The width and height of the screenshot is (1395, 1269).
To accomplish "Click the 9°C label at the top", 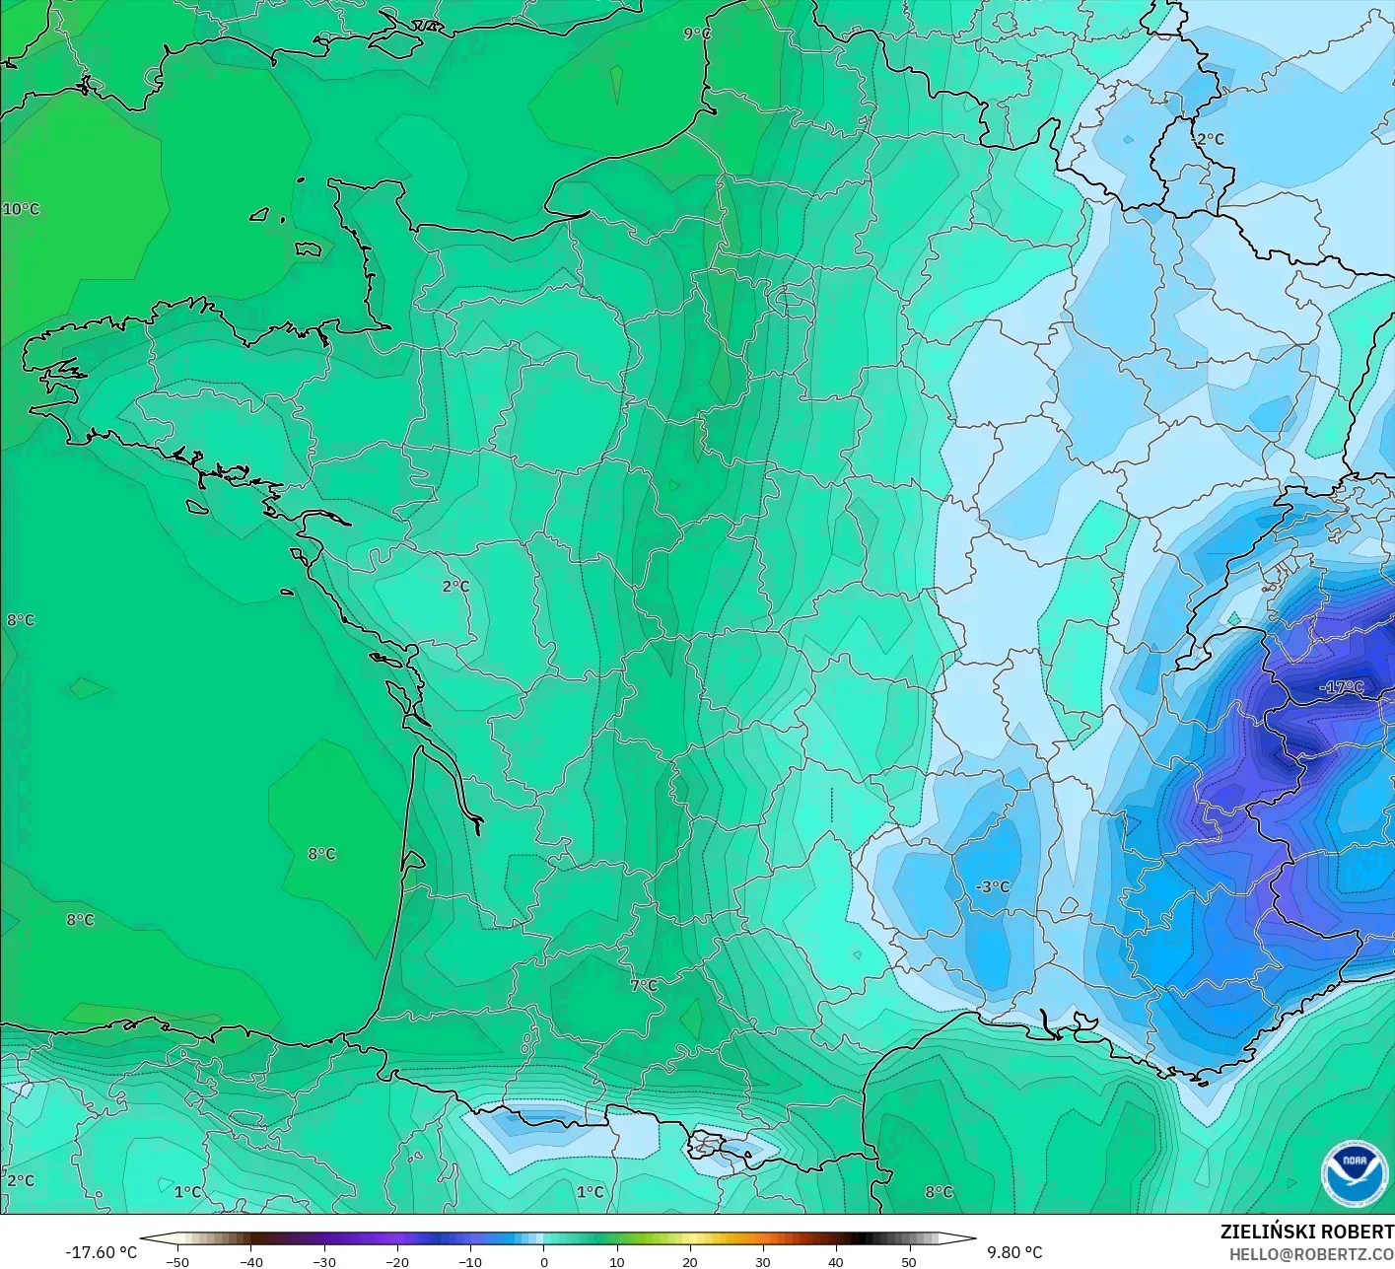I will click(x=697, y=34).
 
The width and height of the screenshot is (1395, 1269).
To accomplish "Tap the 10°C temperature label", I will click(x=21, y=209).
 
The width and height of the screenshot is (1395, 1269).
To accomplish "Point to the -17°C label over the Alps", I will click(x=1342, y=687).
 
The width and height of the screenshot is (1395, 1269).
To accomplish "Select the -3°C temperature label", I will click(x=993, y=886).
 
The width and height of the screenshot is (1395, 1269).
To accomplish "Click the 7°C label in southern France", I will click(x=644, y=985).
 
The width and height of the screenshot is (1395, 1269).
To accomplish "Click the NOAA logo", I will click(x=1354, y=1172).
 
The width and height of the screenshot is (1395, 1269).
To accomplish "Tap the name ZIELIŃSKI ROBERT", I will click(x=1306, y=1232).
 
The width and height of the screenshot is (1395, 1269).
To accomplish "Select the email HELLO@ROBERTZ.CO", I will click(x=1311, y=1253).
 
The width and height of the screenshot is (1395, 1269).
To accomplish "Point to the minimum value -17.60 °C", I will click(x=101, y=1252).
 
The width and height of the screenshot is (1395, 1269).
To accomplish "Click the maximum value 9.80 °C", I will click(x=1014, y=1252).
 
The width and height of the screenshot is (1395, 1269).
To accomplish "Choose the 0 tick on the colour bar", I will click(x=543, y=1261).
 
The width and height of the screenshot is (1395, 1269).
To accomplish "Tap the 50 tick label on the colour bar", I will click(x=908, y=1261).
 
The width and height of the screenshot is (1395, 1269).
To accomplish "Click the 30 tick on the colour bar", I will click(x=762, y=1261).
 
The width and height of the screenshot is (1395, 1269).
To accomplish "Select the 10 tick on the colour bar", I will click(x=616, y=1261).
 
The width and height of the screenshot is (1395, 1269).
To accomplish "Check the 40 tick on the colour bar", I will click(x=835, y=1261).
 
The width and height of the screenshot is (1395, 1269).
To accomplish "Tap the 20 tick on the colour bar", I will click(x=689, y=1261).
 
